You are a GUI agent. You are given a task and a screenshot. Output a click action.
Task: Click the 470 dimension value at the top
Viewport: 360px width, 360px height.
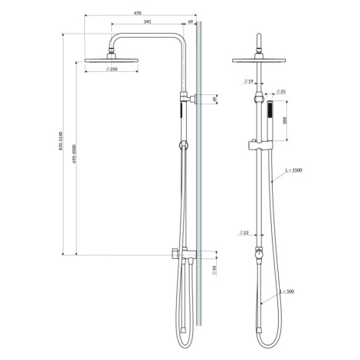click(x=137, y=13)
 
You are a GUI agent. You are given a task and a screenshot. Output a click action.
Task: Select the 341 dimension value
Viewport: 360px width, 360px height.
click(x=147, y=21)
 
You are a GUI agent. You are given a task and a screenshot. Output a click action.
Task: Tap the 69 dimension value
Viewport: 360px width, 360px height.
click(x=191, y=21)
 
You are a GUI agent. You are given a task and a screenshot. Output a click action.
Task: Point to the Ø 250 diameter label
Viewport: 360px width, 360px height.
click(x=112, y=69)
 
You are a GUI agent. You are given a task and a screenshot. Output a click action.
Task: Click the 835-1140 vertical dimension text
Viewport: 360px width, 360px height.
click(x=61, y=141)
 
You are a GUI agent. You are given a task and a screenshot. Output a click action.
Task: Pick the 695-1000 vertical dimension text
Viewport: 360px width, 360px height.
click(x=74, y=154)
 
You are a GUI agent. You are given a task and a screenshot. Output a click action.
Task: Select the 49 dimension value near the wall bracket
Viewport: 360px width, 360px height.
click(x=214, y=99)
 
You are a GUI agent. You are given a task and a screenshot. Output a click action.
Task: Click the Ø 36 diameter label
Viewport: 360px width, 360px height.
click(x=214, y=270)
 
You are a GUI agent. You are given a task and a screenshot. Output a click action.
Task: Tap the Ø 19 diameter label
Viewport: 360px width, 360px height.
click(x=248, y=81)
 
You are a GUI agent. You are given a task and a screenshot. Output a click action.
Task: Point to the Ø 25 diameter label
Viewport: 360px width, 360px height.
click(x=281, y=92)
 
